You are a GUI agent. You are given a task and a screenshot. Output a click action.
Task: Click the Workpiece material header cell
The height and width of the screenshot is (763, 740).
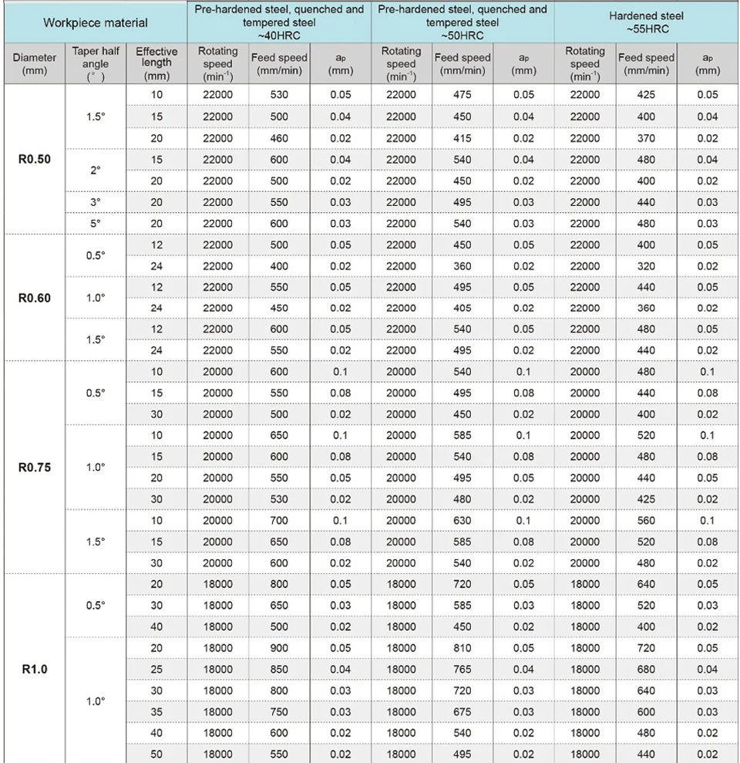click(96, 22)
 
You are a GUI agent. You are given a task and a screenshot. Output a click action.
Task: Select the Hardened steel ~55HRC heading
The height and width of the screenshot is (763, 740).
click(646, 22)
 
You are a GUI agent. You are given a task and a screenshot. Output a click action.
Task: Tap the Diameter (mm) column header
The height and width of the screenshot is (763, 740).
click(34, 63)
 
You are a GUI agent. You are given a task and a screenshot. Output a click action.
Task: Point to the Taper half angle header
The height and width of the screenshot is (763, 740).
click(95, 63)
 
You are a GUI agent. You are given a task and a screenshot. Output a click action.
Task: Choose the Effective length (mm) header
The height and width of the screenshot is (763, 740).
click(156, 63)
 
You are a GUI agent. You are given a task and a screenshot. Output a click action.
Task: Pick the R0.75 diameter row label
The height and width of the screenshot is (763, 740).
click(34, 467)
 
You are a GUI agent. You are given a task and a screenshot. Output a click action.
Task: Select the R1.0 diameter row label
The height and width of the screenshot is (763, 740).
click(34, 668)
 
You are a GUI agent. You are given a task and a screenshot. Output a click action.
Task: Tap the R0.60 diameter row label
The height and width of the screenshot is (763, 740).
click(34, 297)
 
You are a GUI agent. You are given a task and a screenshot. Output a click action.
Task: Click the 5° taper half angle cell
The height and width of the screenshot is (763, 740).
click(95, 224)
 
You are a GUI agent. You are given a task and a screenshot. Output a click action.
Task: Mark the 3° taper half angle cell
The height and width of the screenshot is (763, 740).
click(95, 202)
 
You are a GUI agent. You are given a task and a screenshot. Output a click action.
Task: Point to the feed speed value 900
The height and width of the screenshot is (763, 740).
click(279, 647)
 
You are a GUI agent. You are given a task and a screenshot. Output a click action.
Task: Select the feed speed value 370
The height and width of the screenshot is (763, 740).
click(646, 139)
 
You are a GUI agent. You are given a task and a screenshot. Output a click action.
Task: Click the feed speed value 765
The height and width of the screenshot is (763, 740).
click(462, 669)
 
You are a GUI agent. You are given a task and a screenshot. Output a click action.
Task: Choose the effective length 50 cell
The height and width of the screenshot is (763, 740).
click(156, 754)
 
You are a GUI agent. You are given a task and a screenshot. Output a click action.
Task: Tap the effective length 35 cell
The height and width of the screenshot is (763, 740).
click(156, 711)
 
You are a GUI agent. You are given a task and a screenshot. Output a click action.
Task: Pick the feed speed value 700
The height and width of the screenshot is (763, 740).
click(279, 520)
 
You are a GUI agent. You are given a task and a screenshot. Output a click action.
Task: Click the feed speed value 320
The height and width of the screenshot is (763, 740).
click(646, 266)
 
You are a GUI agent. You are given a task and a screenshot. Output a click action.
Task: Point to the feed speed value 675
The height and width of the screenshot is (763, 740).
click(462, 711)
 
